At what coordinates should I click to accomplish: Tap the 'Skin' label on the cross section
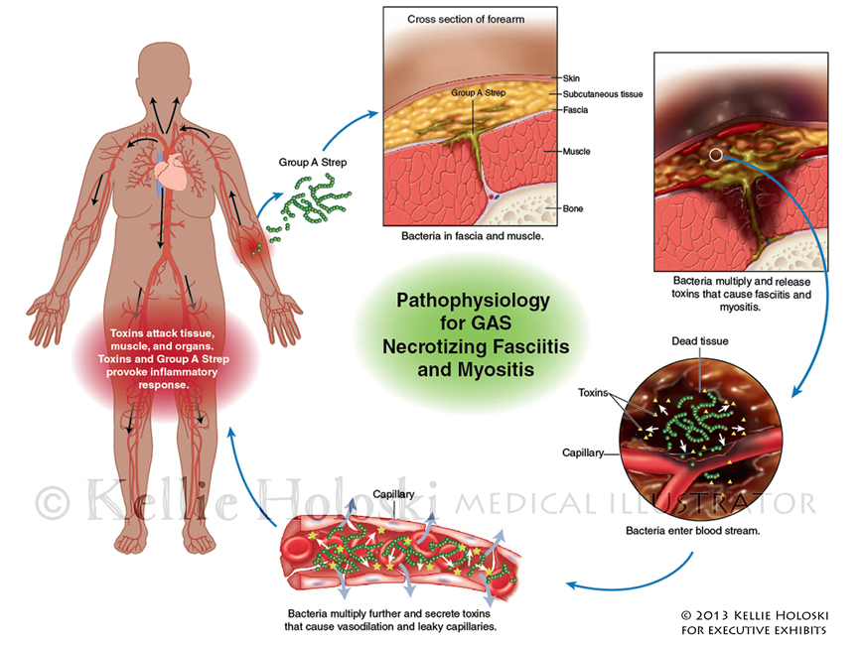click(570, 76)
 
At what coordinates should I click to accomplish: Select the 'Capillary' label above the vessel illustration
click(393, 493)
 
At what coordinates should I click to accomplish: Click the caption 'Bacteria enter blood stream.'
click(692, 532)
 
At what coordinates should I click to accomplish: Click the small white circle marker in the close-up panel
click(716, 155)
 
